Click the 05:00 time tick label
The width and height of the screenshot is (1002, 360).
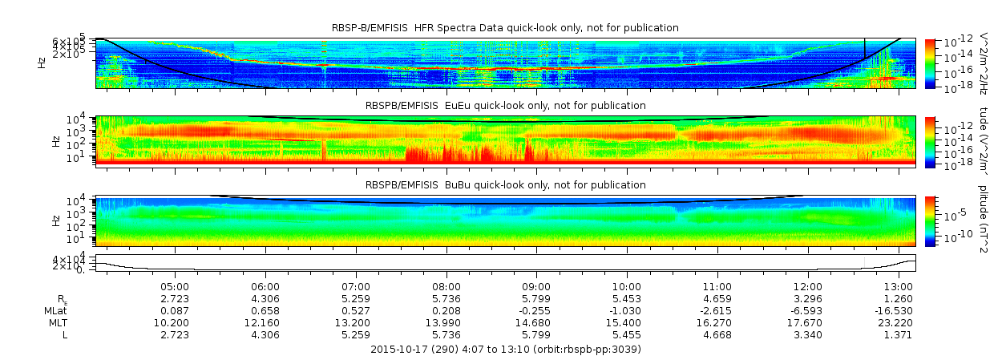point(175,286)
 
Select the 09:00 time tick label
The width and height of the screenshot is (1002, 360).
point(536,286)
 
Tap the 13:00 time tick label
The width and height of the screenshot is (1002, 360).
point(898,286)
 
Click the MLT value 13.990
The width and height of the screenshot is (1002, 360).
point(446,322)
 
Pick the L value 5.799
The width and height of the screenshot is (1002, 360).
point(536,334)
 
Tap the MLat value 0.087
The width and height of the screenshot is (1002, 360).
point(175,310)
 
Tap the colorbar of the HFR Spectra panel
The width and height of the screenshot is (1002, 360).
point(930,63)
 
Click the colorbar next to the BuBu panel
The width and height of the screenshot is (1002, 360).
point(930,220)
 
